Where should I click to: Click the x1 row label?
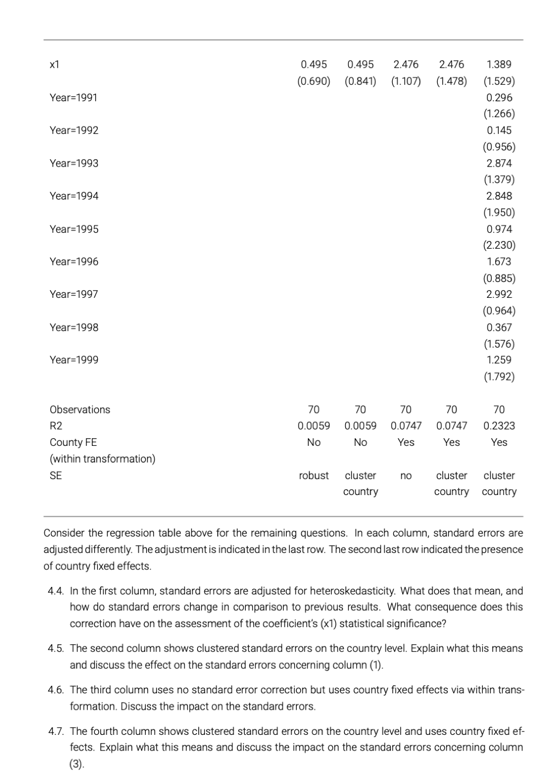[54, 64]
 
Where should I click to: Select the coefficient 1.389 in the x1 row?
[499, 64]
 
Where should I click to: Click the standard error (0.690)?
[314, 81]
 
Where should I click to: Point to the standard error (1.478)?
[451, 81]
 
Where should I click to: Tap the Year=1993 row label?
[74, 163]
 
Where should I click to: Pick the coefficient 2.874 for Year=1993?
[499, 163]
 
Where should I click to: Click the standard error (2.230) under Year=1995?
[499, 245]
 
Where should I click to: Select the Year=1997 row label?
[74, 294]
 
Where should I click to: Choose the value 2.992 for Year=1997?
[499, 294]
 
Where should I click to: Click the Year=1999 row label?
[74, 360]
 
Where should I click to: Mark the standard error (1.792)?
[499, 376]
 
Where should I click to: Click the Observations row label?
[80, 410]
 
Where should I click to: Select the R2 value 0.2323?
[499, 426]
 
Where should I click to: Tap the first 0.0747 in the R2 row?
[406, 426]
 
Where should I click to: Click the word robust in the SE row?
[314, 476]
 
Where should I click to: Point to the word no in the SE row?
[406, 476]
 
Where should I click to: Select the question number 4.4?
[56, 591]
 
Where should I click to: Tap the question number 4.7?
[56, 731]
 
